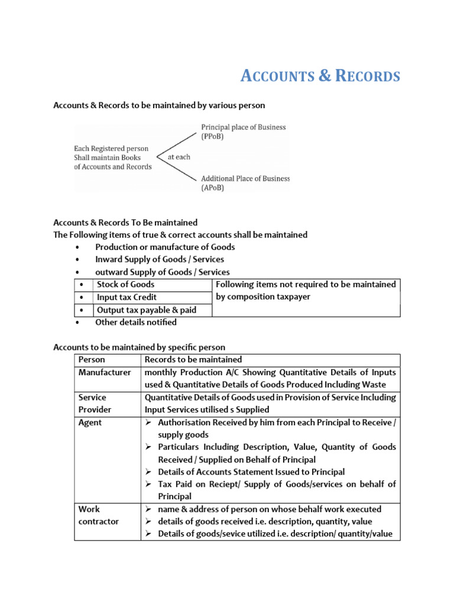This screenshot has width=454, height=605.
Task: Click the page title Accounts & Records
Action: click(x=320, y=76)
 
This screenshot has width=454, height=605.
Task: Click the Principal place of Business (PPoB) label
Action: click(x=243, y=131)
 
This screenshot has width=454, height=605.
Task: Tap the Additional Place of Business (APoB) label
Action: click(x=245, y=183)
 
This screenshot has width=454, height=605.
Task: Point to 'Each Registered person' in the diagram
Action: click(x=111, y=148)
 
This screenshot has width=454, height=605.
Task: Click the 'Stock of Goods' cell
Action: click(x=125, y=284)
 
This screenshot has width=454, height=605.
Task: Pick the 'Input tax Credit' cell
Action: click(x=127, y=297)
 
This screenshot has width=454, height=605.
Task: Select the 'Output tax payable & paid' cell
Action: click(x=147, y=310)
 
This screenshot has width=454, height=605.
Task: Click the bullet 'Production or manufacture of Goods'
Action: click(x=165, y=247)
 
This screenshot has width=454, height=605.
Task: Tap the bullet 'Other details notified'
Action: click(x=135, y=323)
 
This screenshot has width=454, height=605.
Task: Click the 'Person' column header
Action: click(x=92, y=360)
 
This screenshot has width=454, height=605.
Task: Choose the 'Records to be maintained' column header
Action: click(x=193, y=360)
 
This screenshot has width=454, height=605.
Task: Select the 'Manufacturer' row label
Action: click(x=105, y=373)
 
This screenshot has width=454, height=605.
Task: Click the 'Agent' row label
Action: click(x=90, y=422)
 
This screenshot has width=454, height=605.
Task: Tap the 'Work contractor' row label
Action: click(x=98, y=515)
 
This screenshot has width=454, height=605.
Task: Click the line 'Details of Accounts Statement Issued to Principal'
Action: click(x=251, y=472)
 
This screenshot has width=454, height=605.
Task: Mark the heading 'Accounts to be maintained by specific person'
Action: click(x=139, y=347)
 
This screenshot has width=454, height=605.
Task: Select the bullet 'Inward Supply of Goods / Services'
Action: click(x=160, y=259)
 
